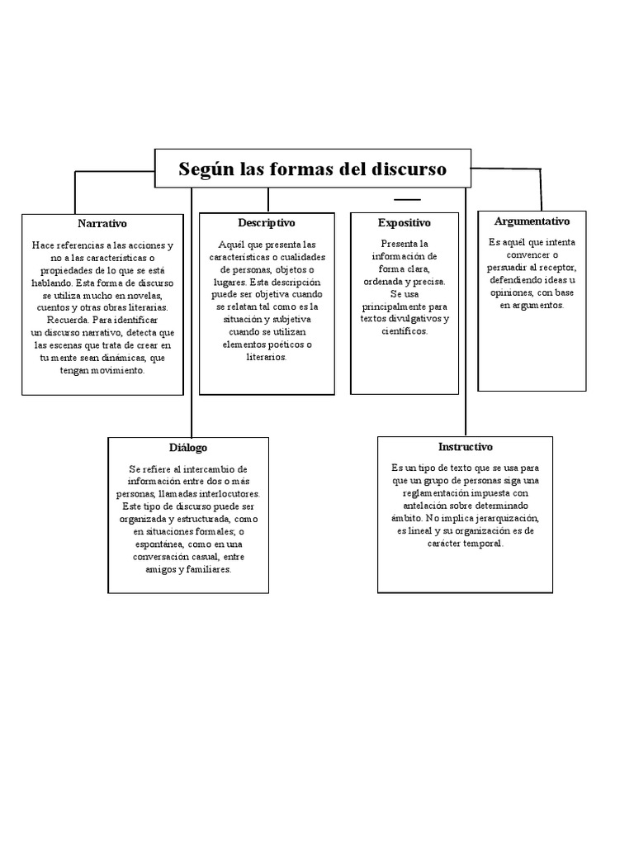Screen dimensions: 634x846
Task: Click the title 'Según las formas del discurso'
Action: coord(313,169)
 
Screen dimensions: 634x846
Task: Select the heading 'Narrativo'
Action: coord(102,224)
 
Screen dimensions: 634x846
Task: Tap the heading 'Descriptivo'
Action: coord(267,223)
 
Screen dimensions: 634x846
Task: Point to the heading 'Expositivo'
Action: coord(405,223)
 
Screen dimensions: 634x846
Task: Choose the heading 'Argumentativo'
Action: coord(532,221)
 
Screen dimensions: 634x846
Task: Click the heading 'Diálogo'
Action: coord(188,447)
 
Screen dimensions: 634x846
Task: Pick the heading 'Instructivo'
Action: coord(465,446)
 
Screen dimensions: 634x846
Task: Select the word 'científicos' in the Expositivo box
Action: coord(405,330)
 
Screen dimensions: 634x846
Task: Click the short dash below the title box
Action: coord(407,200)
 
